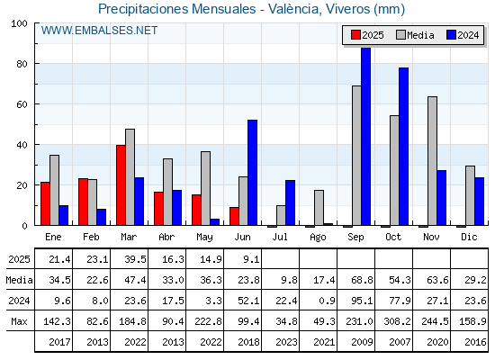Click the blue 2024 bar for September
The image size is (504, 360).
point(365,136)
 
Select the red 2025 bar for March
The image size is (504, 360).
point(121,185)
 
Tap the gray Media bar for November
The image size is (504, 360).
point(432,161)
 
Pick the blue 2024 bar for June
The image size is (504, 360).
point(252,172)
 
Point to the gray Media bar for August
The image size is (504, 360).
point(319,208)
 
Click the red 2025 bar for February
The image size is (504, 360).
point(83,202)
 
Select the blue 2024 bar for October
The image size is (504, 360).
point(404,146)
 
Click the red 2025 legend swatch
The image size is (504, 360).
point(355,35)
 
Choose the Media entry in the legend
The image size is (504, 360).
point(415,35)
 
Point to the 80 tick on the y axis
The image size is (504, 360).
point(22,64)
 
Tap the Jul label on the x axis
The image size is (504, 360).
point(280,237)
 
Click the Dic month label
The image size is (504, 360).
point(469,237)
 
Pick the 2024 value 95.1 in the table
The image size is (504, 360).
point(362,301)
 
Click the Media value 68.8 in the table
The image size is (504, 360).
point(362,280)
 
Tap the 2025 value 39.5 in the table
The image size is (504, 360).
point(135,259)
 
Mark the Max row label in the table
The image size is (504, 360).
point(19,320)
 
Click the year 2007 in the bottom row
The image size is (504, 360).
point(400,342)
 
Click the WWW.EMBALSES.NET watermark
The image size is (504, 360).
point(99,31)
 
